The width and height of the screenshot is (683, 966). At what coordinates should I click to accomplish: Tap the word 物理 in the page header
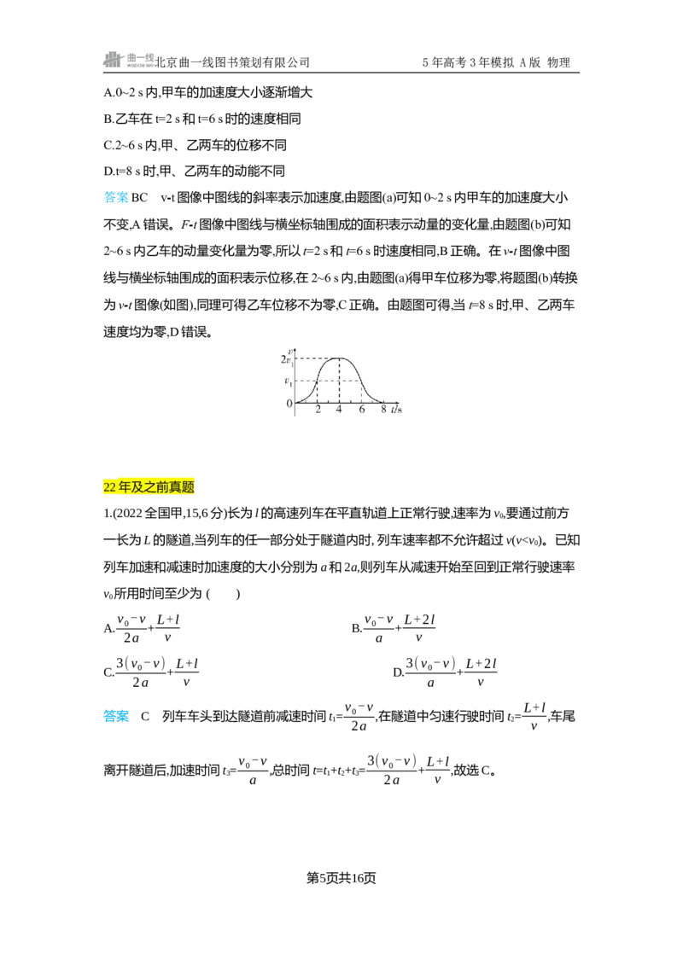558,62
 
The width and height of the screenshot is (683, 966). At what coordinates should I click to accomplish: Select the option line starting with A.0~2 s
207,92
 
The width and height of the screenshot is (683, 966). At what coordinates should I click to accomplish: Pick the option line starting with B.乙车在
202,119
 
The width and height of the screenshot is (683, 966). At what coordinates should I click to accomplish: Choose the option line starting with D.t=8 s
194,172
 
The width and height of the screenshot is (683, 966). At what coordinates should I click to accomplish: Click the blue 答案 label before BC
116,198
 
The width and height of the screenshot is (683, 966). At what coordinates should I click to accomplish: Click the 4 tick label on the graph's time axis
339,409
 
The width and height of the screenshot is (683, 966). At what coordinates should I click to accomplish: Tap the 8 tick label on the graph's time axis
383,409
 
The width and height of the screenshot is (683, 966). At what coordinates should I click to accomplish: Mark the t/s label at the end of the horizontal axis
396,409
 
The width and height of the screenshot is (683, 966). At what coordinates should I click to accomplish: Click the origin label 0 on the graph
289,404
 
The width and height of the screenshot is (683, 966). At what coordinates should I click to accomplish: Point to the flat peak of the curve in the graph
339,358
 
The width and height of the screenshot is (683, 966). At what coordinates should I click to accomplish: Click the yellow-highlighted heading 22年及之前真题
149,487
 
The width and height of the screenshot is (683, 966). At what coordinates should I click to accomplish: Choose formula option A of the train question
142,628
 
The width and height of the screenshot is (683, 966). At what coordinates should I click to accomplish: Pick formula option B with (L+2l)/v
394,628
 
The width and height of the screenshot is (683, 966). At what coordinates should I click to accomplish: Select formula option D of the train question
445,672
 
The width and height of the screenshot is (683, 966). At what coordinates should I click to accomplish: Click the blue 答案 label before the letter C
116,717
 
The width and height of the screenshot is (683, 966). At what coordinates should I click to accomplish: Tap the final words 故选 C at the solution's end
473,770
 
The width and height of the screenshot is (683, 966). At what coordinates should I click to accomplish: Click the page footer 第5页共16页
341,878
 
